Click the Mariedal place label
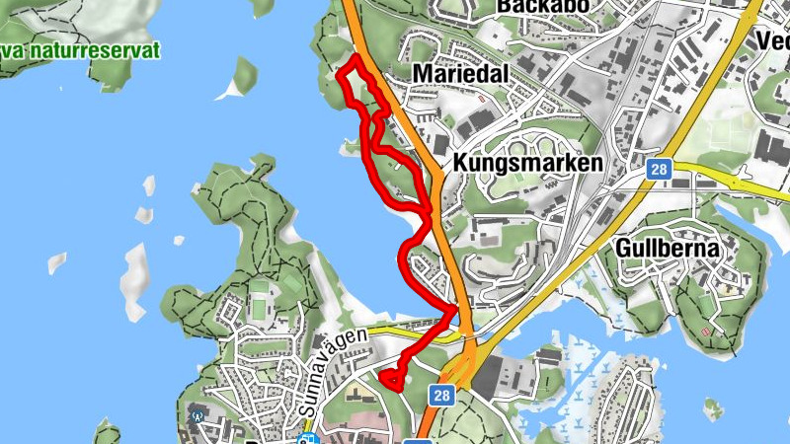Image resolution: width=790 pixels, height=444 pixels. [x=459, y=75]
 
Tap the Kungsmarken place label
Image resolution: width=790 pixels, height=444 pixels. [x=526, y=162]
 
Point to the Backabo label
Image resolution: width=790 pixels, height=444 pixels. [x=543, y=6]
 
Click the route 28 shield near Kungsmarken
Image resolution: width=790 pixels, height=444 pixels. [x=659, y=169]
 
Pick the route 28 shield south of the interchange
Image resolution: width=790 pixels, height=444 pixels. [x=441, y=395]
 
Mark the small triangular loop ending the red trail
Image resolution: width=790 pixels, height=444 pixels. [x=392, y=378]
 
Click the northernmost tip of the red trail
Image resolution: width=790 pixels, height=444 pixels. [x=352, y=60]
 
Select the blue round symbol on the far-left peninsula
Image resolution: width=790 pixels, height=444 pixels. [x=199, y=416]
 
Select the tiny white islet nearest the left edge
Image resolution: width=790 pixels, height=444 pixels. [x=56, y=263]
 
